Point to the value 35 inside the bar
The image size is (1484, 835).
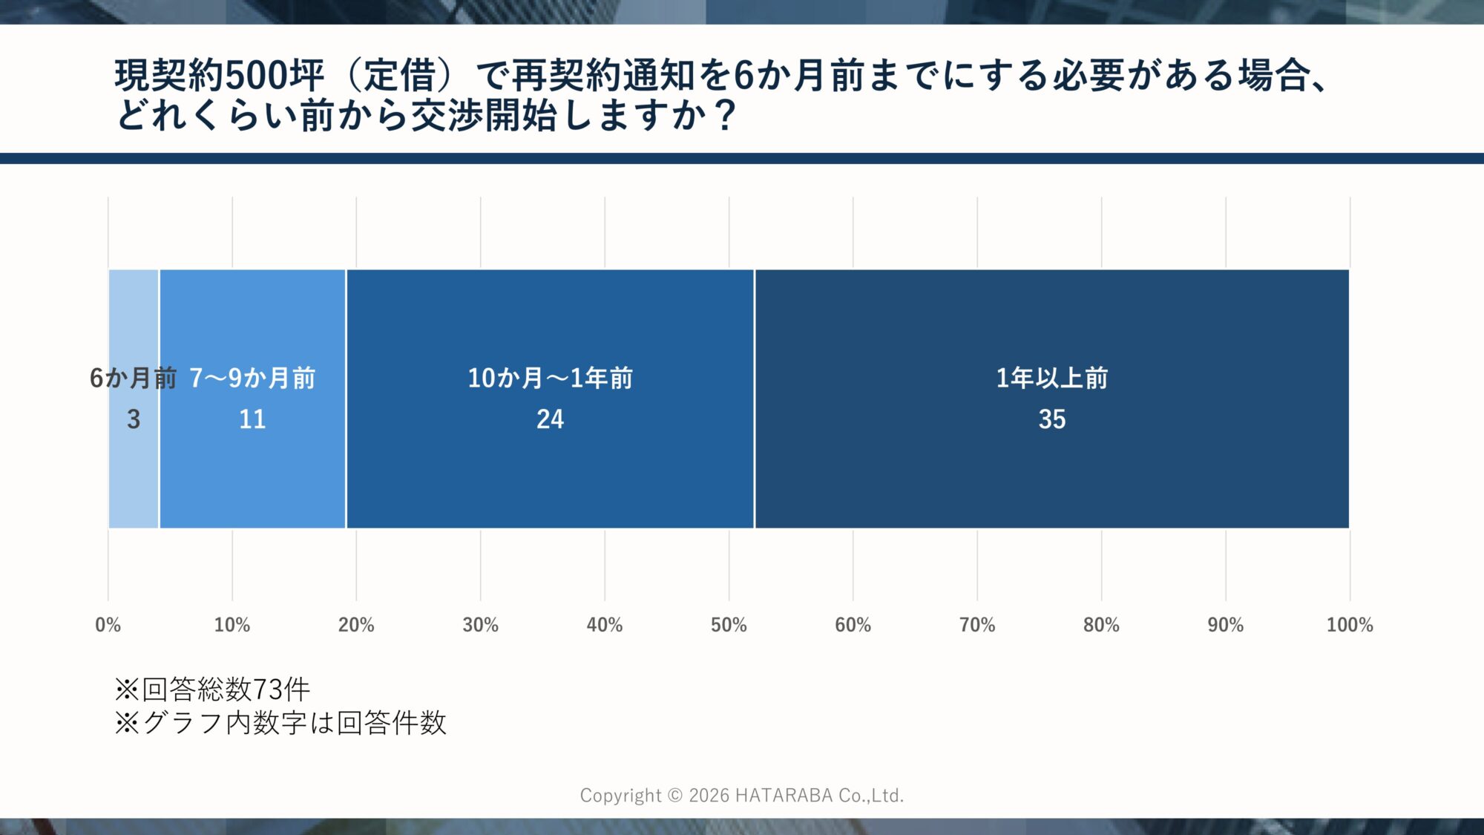pyautogui.click(x=1051, y=419)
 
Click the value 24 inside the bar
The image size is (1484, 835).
pyautogui.click(x=550, y=419)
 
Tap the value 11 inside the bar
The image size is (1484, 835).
pyautogui.click(x=252, y=419)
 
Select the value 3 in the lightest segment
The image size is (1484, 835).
pyautogui.click(x=134, y=419)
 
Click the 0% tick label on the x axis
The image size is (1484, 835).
pyautogui.click(x=108, y=625)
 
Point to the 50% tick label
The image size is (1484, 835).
pyautogui.click(x=729, y=625)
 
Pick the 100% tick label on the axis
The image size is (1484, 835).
pyautogui.click(x=1349, y=625)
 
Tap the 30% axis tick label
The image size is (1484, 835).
pyautogui.click(x=480, y=625)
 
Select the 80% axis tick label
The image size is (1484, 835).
pyautogui.click(x=1101, y=625)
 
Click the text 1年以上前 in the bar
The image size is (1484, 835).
pyautogui.click(x=1051, y=378)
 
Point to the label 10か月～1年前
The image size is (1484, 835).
pyautogui.click(x=550, y=378)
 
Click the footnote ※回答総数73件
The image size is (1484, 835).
pyautogui.click(x=212, y=690)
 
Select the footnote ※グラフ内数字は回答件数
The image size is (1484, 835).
pyautogui.click(x=280, y=722)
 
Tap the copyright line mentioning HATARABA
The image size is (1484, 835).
pyautogui.click(x=742, y=795)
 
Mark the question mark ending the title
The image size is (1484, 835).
pyautogui.click(x=726, y=115)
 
